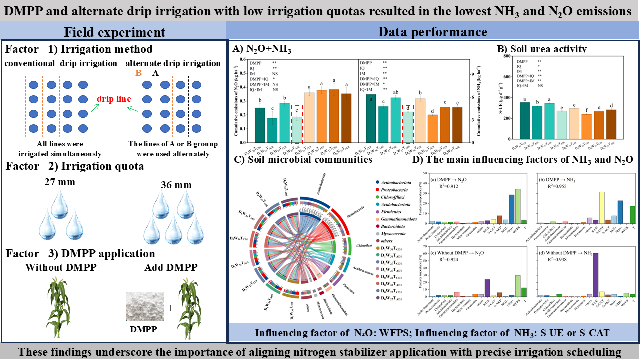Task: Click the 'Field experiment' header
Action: [114, 32]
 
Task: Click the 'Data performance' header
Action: [433, 32]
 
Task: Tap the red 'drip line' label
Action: [114, 99]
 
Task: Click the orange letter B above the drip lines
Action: [139, 73]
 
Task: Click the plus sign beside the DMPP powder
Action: [170, 308]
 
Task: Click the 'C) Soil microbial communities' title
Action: [302, 160]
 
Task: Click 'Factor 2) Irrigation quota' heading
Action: [74, 166]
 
